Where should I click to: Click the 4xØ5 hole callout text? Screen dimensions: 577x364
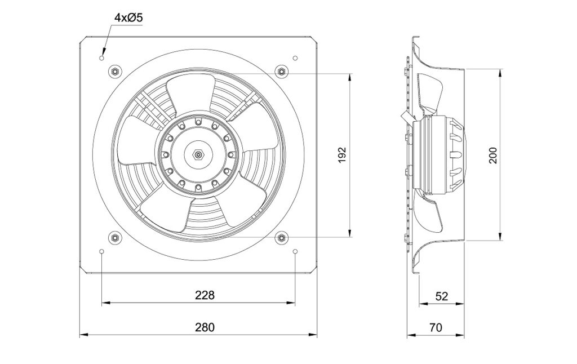(128, 17)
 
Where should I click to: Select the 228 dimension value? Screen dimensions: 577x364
(205, 295)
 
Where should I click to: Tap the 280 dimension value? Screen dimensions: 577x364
(205, 327)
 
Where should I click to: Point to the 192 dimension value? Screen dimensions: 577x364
(342, 156)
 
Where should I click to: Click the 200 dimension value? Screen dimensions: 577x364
(492, 156)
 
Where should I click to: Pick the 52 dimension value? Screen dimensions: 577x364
(442, 296)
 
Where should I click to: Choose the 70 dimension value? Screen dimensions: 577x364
(436, 327)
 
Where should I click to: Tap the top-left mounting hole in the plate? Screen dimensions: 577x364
(102, 58)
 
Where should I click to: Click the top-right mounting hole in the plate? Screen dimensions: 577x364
(295, 58)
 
